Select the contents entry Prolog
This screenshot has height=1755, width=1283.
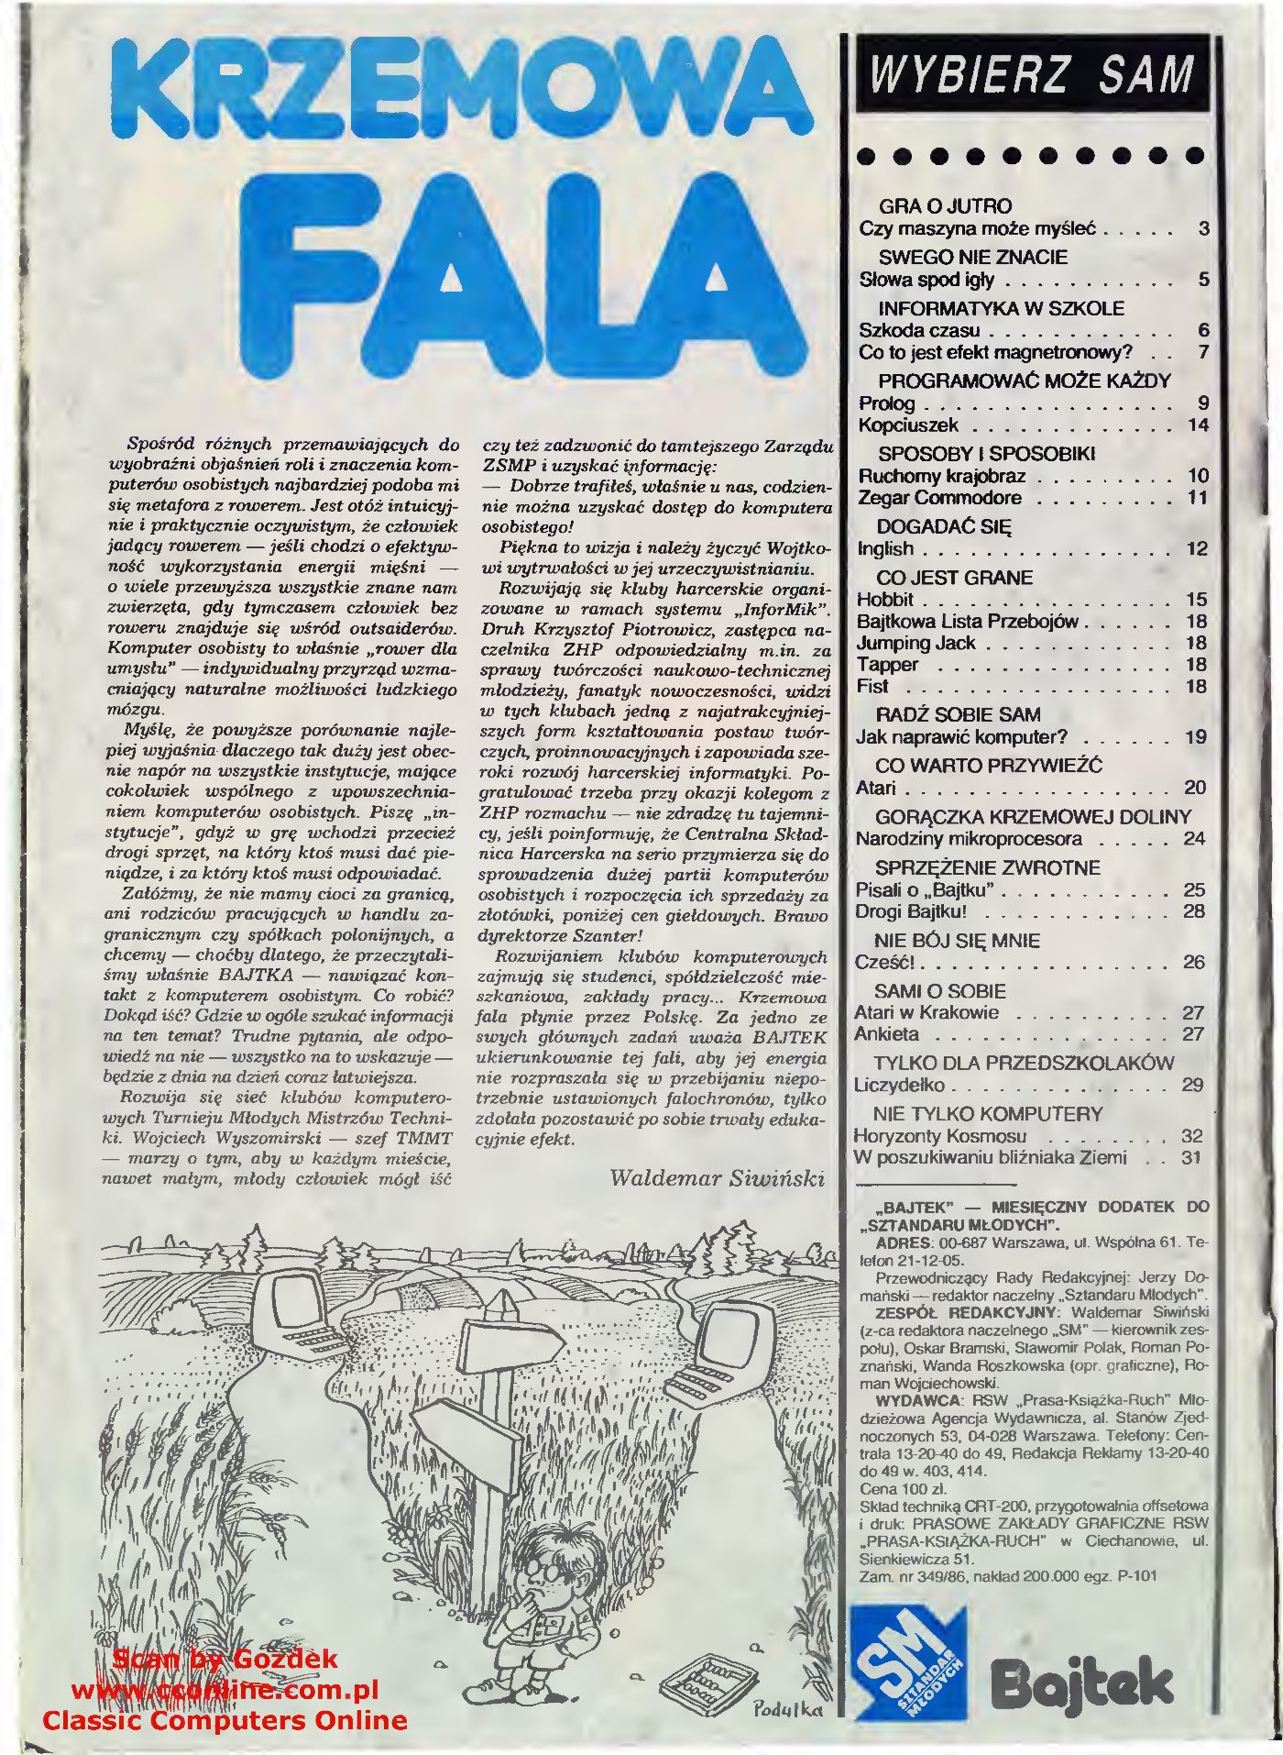point(887,403)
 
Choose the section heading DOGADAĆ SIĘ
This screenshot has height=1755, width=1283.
point(944,527)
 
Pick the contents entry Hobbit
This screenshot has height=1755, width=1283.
point(885,600)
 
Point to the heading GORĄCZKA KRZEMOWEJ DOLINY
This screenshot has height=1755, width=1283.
point(1033,817)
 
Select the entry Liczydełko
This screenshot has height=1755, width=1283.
point(899,1086)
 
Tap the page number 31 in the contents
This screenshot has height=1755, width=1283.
point(1190,1158)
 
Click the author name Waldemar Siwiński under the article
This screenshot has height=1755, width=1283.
point(717,1178)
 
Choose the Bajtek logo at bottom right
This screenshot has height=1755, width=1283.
point(1081,1683)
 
